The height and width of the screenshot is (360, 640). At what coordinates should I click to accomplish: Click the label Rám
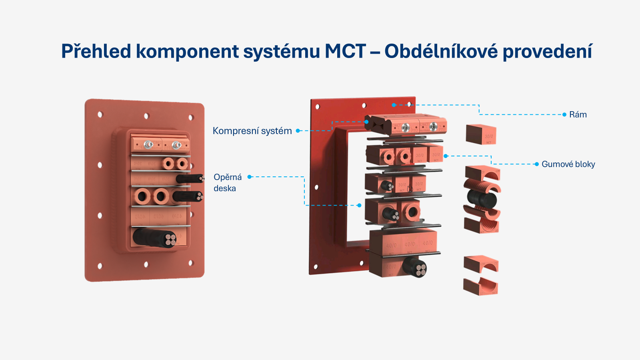click(578, 115)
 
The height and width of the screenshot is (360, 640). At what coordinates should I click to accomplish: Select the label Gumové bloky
click(568, 164)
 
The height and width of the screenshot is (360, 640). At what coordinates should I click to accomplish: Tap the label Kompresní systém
click(252, 131)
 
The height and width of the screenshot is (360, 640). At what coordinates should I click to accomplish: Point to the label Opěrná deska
click(227, 183)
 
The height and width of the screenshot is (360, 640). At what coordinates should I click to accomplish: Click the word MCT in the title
click(345, 52)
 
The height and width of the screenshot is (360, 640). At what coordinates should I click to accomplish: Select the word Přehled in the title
click(96, 52)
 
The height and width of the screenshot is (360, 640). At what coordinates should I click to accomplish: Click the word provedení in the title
click(547, 52)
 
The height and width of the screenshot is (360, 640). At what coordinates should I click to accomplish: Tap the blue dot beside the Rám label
click(564, 115)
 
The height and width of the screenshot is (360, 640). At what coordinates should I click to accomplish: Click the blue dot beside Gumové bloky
click(536, 164)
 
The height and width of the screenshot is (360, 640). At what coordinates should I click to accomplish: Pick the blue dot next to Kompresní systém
click(298, 131)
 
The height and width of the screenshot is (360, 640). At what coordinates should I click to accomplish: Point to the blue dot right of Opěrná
click(250, 177)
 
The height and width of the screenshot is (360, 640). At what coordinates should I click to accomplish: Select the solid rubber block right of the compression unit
click(481, 134)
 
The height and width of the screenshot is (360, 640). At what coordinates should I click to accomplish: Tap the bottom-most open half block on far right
click(480, 287)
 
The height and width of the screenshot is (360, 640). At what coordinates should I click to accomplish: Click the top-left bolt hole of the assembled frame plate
click(100, 115)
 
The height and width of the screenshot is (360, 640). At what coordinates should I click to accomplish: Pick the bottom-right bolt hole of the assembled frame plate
click(191, 263)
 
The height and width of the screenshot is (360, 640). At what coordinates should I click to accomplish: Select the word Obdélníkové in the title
click(440, 52)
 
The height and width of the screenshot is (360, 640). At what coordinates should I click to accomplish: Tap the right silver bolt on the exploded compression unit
click(432, 127)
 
